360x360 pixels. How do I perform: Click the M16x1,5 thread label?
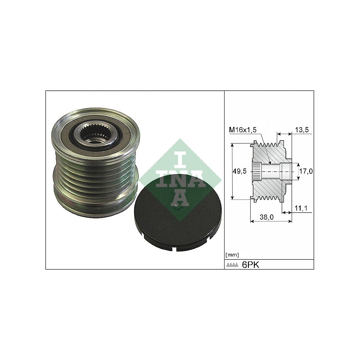pos(243,130)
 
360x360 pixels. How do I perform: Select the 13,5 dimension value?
pos(302,130)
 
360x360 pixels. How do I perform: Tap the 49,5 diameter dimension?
pos(240,171)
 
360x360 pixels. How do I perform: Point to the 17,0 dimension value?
pos(306,171)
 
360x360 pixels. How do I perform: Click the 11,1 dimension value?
pos(301,208)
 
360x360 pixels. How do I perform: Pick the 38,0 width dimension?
pos(266,217)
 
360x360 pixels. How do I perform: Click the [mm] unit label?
pos(232,255)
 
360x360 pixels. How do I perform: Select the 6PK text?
pos(251,265)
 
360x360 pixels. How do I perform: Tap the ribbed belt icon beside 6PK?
pos(233,265)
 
